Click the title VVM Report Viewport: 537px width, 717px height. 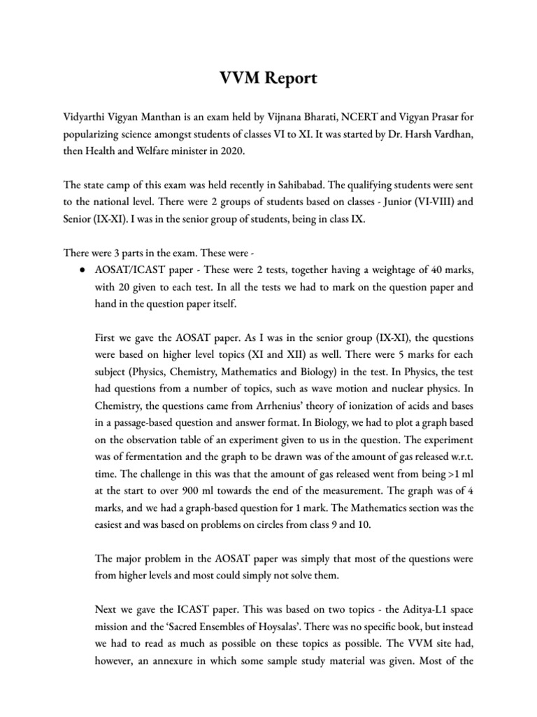(x=268, y=78)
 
